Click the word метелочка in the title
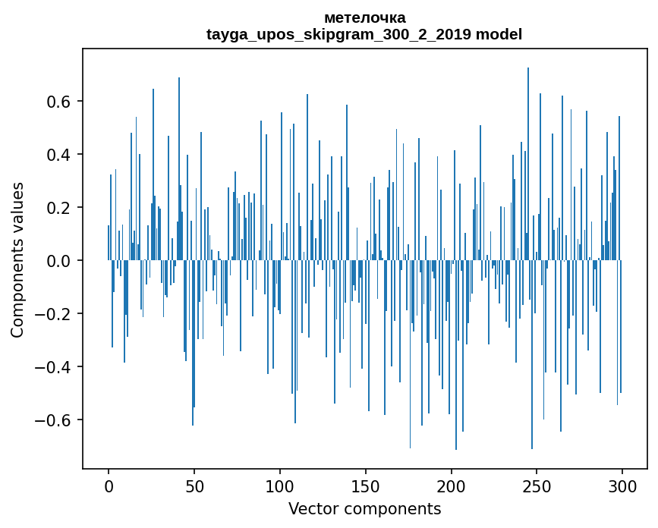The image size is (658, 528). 364,17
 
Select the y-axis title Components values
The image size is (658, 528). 17,259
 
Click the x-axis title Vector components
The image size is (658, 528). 364,508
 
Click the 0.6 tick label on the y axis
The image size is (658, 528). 60,102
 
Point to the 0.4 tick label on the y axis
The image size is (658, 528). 60,155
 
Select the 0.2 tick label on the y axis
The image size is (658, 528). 60,208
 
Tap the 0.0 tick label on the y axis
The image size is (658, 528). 60,261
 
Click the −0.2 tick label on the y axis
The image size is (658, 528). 55,314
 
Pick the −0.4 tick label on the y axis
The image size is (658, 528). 55,367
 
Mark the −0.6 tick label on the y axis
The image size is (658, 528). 55,420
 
